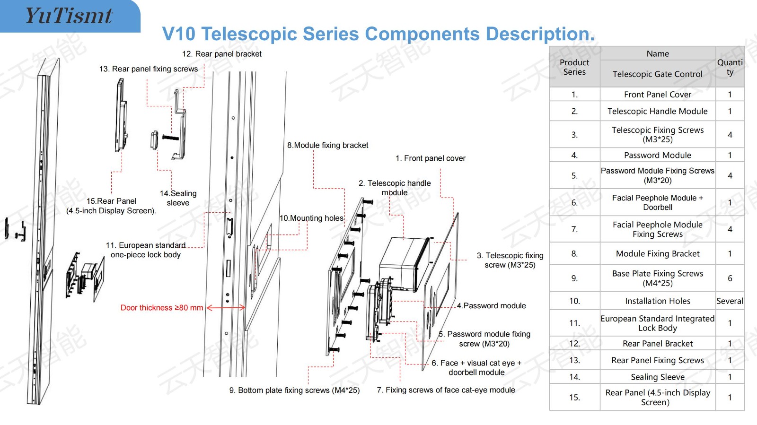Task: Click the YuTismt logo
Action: (x=69, y=16)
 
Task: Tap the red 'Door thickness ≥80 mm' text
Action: (x=162, y=308)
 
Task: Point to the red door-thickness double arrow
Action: (x=226, y=308)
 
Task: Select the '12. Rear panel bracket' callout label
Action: (x=222, y=54)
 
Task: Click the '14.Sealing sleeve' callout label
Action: (x=178, y=198)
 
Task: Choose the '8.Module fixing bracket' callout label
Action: (x=327, y=145)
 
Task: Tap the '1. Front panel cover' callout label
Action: (x=431, y=158)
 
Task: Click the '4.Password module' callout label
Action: (x=492, y=305)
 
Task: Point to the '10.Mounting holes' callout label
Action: (x=311, y=218)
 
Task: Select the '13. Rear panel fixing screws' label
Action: (x=149, y=69)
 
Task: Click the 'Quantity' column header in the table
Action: (x=730, y=67)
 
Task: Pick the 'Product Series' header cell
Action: (x=574, y=67)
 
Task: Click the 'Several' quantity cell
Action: (x=730, y=301)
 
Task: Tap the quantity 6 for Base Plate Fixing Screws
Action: (x=730, y=278)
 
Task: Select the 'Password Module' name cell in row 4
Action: (x=657, y=155)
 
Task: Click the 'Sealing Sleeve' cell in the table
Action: (x=658, y=377)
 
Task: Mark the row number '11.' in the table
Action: (x=574, y=323)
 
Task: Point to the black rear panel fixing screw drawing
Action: (x=170, y=138)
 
